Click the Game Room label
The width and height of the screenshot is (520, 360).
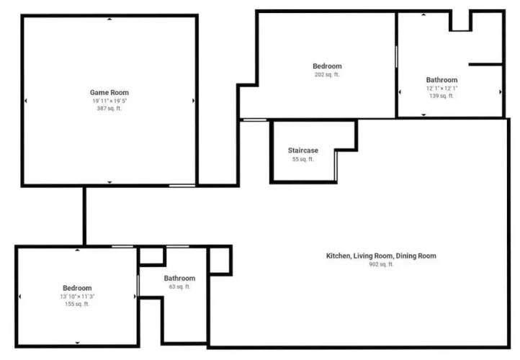pos(109,92)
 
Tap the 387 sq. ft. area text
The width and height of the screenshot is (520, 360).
pos(109,109)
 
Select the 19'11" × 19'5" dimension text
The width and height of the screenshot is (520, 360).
pos(109,101)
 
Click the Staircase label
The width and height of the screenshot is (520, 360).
pos(303,150)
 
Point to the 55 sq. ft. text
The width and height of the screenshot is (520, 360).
pos(302,159)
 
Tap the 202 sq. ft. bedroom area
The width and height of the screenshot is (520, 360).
pos(327,75)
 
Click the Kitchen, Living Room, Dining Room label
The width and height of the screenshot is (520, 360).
pos(381,256)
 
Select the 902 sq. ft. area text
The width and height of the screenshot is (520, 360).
pos(381,264)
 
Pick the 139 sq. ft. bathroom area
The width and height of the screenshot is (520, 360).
pos(441,96)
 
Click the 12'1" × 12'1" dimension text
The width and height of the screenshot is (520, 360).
pos(441,88)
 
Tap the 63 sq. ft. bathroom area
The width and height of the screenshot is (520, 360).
pos(180,287)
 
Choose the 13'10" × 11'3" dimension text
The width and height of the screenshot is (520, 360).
pos(77,297)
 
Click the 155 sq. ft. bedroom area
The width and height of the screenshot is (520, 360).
pos(77,304)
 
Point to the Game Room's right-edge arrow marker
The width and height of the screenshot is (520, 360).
pos(193,101)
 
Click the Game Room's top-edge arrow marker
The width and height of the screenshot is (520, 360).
pos(109,19)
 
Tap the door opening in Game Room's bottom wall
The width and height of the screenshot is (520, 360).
pos(182,186)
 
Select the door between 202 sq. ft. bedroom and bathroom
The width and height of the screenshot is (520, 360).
pos(396,57)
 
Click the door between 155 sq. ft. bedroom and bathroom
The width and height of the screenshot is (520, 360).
pos(138,285)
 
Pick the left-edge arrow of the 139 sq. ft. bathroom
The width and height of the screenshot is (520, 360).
pos(400,92)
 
